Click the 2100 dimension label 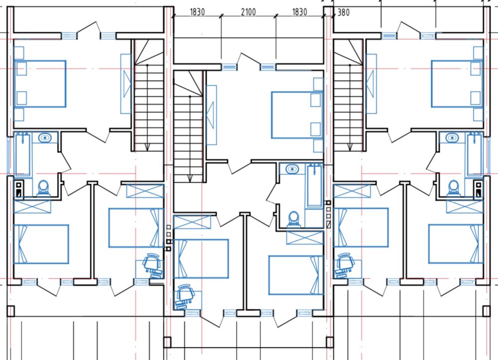(248, 12)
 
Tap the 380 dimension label (343, 12)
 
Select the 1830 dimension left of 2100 (197, 12)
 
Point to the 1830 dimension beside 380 (299, 12)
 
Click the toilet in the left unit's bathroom (43, 188)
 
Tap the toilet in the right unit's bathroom (454, 188)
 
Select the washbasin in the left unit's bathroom (45, 138)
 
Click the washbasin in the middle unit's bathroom (292, 169)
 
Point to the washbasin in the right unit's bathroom (452, 138)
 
